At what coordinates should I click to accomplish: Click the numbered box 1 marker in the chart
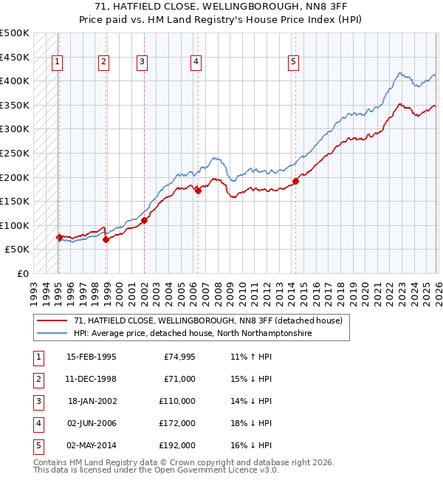pyautogui.click(x=58, y=63)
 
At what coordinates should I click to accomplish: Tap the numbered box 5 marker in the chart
pyautogui.click(x=294, y=63)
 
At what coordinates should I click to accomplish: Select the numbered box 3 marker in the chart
pyautogui.click(x=141, y=63)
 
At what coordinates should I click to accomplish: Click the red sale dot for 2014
pyautogui.click(x=295, y=181)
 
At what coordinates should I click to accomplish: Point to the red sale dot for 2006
pyautogui.click(x=199, y=191)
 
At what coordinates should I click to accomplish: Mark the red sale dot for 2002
pyautogui.click(x=145, y=220)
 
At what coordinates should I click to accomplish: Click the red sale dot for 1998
pyautogui.click(x=106, y=239)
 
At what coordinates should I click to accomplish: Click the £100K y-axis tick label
pyautogui.click(x=15, y=226)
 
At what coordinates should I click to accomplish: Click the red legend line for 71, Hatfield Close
pyautogui.click(x=52, y=321)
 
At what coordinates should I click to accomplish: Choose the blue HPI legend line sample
pyautogui.click(x=52, y=334)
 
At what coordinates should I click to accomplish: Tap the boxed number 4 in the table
pyautogui.click(x=38, y=423)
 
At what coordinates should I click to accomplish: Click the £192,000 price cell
pyautogui.click(x=176, y=445)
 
